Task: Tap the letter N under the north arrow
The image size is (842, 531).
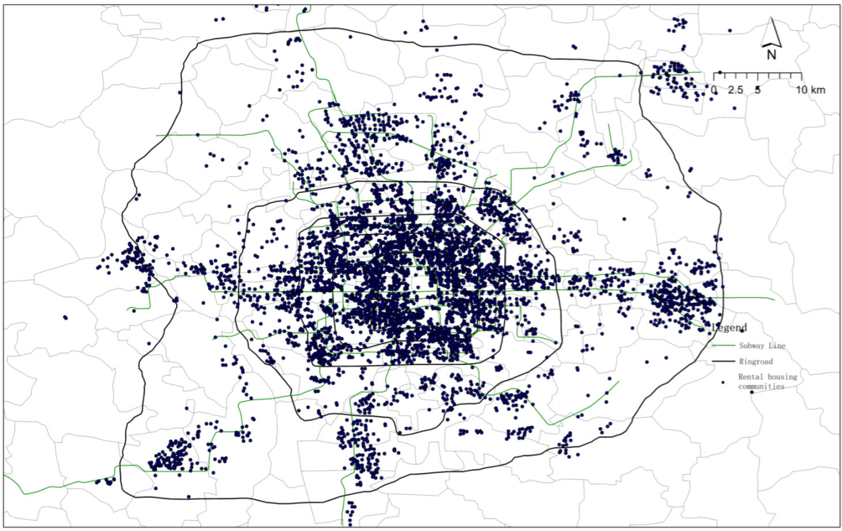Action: [771, 55]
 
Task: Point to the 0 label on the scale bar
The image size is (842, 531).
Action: [714, 90]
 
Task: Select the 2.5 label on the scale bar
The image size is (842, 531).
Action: [735, 90]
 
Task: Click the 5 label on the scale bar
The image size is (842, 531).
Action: [757, 90]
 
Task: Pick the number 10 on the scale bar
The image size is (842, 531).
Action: [802, 90]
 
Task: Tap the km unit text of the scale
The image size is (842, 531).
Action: [818, 90]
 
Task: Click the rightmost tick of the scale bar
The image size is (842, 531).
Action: [801, 75]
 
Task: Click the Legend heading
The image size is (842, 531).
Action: [730, 328]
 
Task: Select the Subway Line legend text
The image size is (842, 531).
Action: [762, 346]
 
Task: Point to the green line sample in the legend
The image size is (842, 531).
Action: [723, 346]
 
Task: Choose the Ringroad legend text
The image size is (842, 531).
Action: [756, 362]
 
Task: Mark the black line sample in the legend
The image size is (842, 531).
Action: [723, 362]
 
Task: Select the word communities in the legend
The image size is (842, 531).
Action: [761, 386]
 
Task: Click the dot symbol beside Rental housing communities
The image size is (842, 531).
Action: [723, 382]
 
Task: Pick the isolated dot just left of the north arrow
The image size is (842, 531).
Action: [730, 31]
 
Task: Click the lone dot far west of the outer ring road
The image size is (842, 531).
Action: [65, 317]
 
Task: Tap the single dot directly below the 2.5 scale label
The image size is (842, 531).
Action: [734, 108]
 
